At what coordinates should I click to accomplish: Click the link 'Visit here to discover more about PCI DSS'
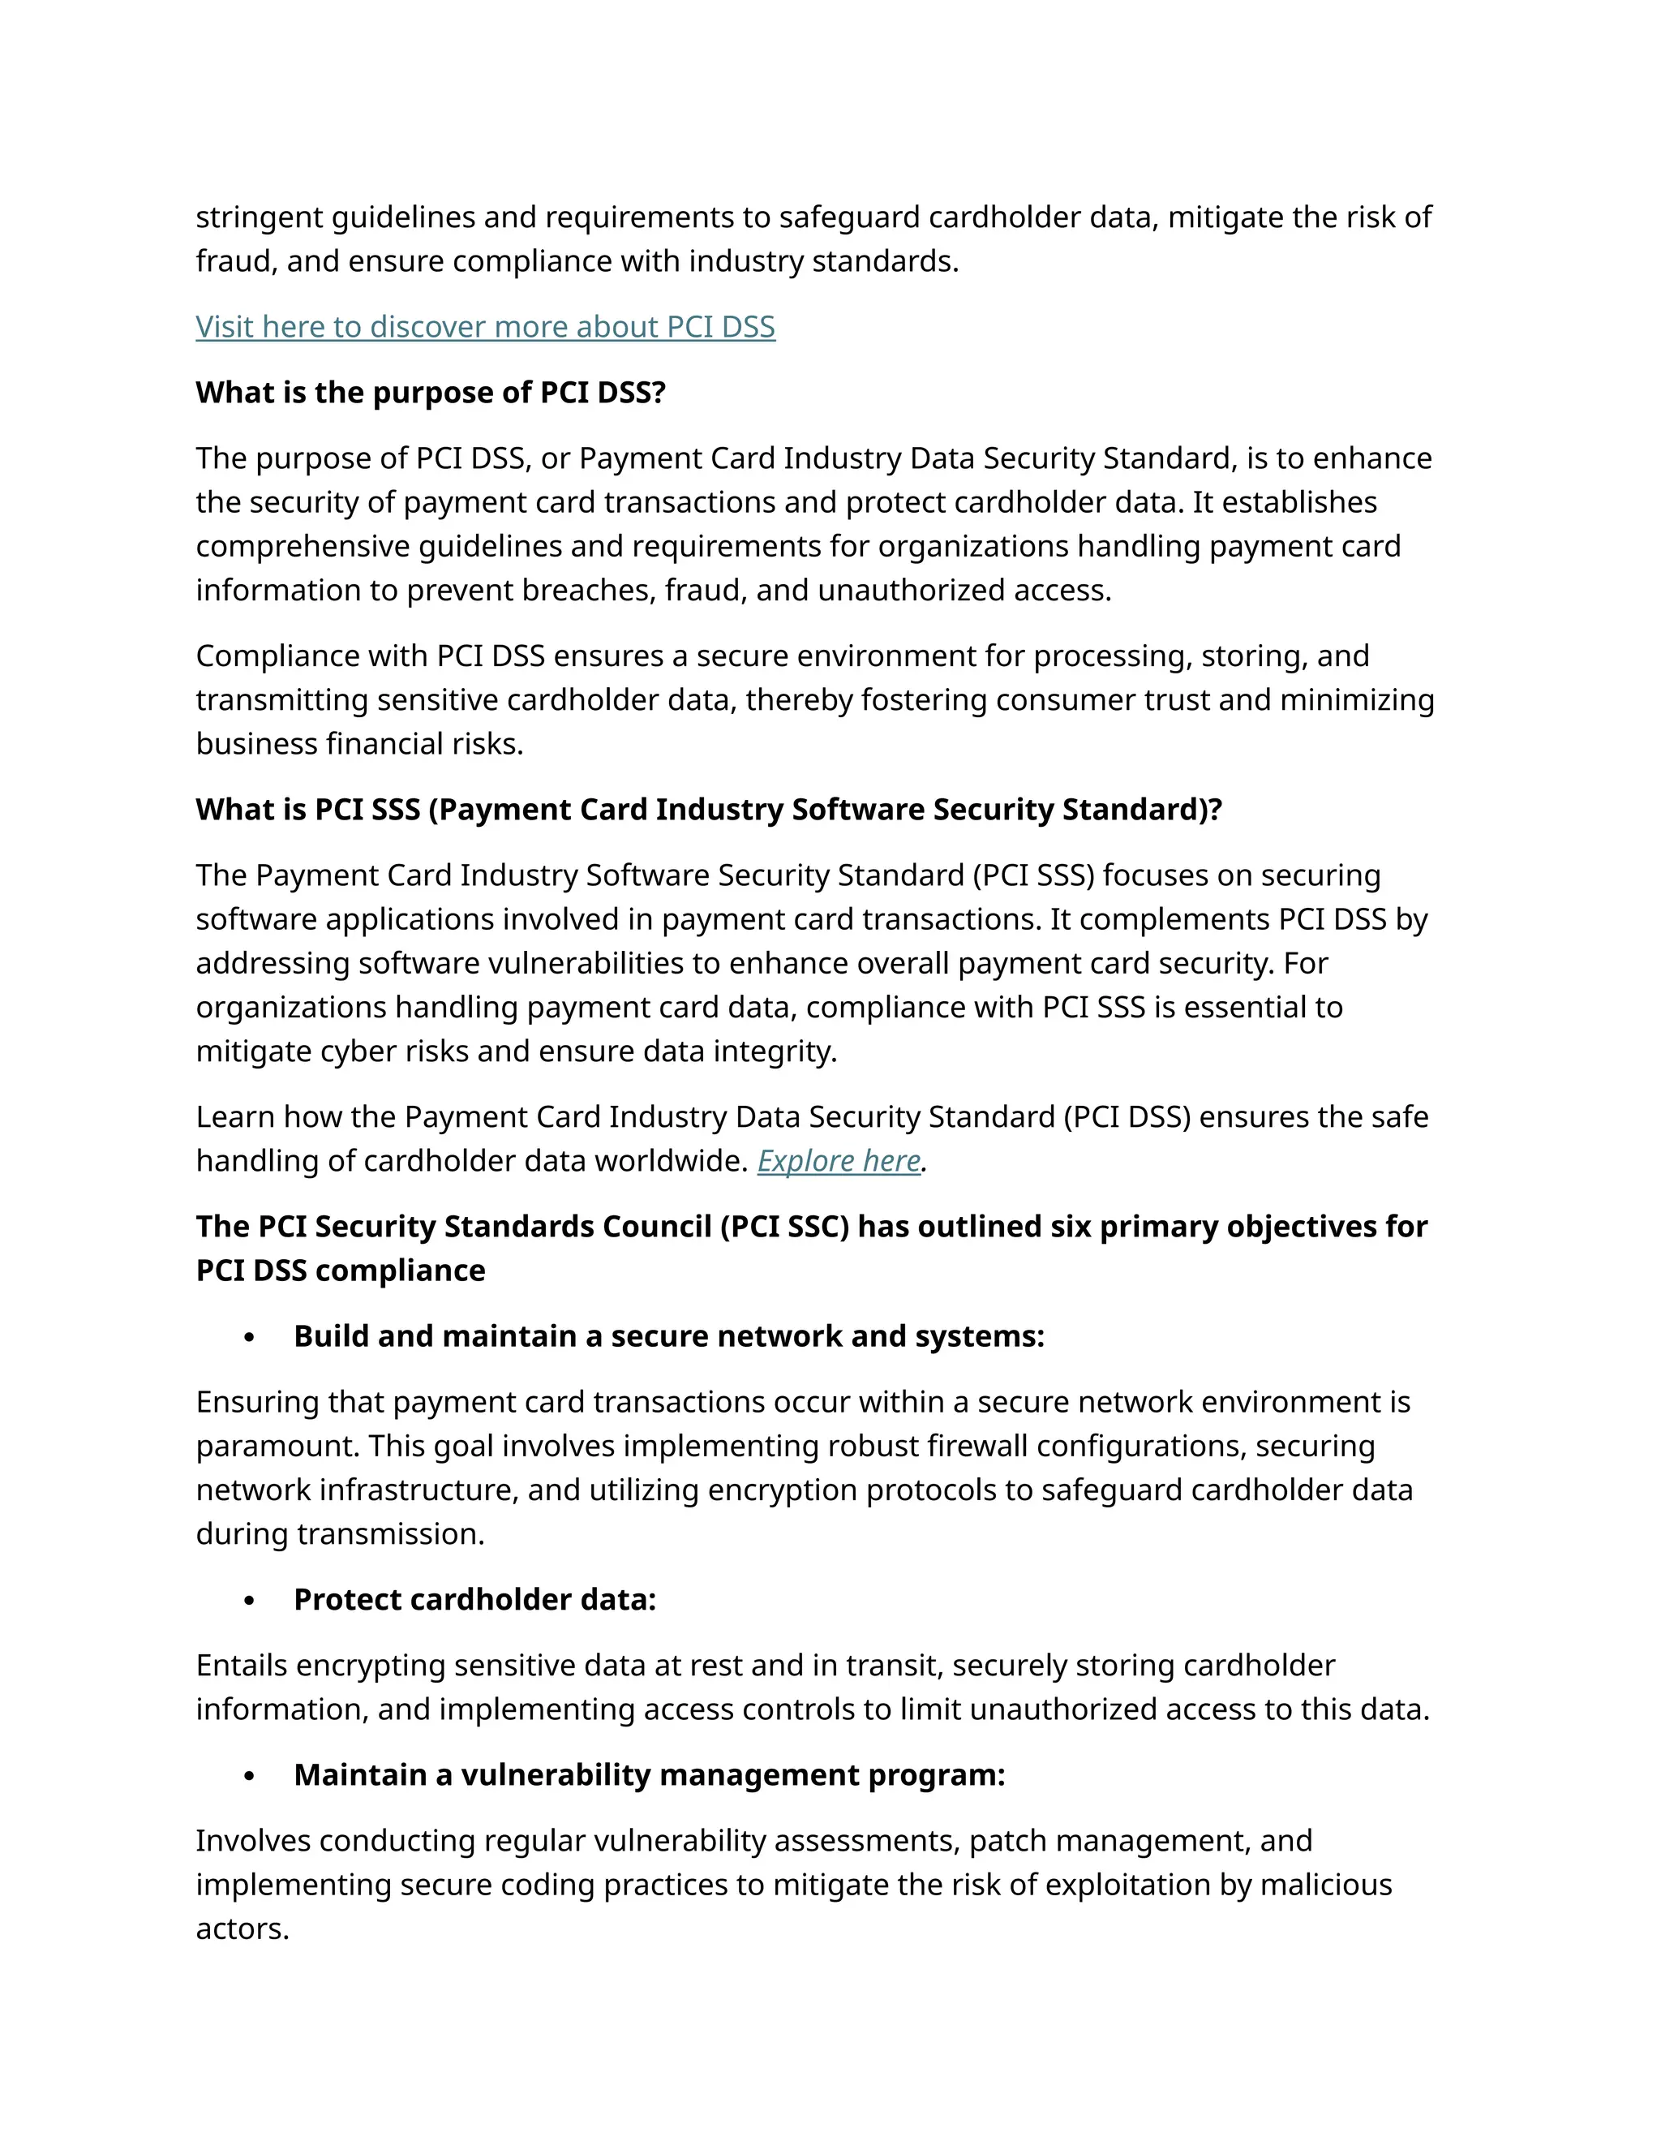[485, 327]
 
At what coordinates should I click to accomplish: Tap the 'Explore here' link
[839, 1161]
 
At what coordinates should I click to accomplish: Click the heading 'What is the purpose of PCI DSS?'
[431, 393]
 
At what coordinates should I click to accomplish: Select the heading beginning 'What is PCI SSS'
[709, 809]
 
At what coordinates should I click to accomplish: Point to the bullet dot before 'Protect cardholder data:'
[249, 1602]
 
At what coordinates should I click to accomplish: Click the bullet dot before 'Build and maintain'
[249, 1338]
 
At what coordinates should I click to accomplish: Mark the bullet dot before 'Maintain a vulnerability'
[249, 1777]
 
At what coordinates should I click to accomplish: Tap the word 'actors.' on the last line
[242, 1929]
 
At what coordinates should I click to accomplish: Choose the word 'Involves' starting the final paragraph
[253, 1841]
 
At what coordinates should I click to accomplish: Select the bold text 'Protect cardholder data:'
[474, 1600]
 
